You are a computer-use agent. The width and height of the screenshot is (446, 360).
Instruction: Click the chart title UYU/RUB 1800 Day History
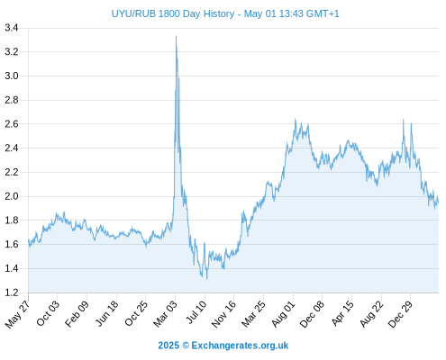[x=173, y=13]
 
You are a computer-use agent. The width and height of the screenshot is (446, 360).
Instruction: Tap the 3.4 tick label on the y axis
[x=12, y=28]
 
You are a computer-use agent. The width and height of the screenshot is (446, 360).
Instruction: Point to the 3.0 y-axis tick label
[x=12, y=76]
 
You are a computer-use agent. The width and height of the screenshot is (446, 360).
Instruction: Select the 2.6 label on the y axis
[x=12, y=124]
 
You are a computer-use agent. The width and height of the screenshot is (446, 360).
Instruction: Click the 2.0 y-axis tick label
[x=12, y=196]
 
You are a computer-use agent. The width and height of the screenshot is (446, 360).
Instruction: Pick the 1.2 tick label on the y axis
[x=12, y=292]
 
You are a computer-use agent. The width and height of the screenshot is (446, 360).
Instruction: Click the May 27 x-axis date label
[x=18, y=314]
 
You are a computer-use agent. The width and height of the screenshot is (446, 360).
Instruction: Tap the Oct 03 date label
[x=48, y=313]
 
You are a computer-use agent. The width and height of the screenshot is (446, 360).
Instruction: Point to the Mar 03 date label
[x=166, y=314]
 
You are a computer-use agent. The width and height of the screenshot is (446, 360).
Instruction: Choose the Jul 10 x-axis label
[x=196, y=312]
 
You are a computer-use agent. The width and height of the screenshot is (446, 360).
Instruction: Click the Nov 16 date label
[x=223, y=314]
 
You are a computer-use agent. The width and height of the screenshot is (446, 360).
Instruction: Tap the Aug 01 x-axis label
[x=284, y=314]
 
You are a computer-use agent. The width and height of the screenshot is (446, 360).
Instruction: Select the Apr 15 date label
[x=342, y=313]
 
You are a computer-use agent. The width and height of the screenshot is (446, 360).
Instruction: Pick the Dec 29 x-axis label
[x=401, y=314]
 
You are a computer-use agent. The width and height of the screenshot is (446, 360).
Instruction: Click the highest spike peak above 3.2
[x=176, y=36]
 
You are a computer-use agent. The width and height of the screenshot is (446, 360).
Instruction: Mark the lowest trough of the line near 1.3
[x=206, y=279]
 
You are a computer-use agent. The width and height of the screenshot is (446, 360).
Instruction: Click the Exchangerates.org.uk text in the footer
[x=240, y=346]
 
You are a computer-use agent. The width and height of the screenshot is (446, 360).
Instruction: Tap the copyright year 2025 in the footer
[x=168, y=346]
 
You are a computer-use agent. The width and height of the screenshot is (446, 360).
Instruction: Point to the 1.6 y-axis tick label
[x=12, y=244]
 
